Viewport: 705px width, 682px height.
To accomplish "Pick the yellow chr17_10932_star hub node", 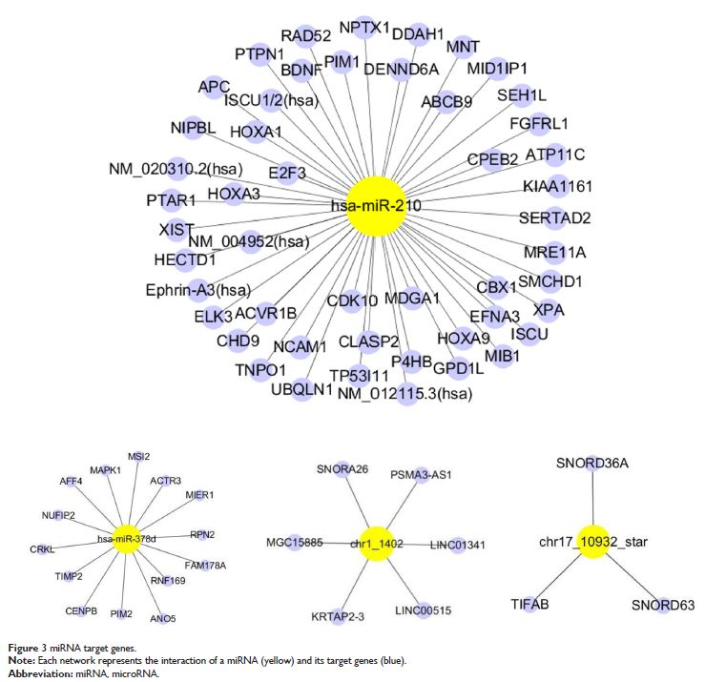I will pos(592,541).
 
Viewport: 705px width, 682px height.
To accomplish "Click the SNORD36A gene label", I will pos(591,463).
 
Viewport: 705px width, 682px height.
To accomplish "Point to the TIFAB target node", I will pos(529,604).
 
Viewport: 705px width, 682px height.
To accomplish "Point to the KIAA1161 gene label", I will pos(556,187).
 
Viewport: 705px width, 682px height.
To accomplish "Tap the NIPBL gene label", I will pos(194,128).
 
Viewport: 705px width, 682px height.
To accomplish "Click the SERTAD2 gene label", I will pos(554,218).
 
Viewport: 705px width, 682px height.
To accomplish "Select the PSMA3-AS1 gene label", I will pos(421,474).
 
